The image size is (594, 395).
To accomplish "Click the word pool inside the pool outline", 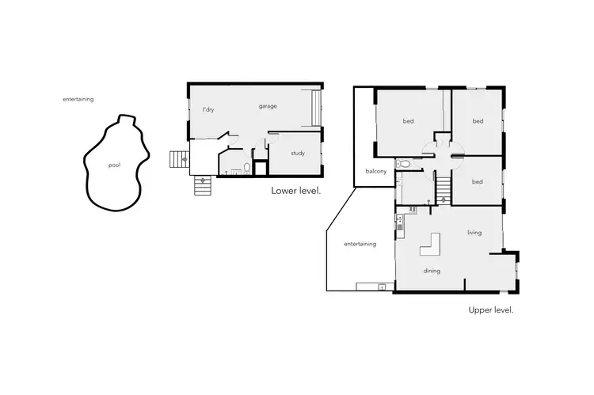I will (115, 165).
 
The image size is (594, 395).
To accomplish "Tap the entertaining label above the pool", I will (78, 99).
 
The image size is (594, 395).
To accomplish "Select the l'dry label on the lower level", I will (208, 109).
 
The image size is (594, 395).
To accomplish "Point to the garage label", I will (268, 105).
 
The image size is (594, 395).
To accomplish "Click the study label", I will (298, 153).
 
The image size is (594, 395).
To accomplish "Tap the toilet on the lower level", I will (247, 168).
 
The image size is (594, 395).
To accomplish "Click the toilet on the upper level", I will (404, 164).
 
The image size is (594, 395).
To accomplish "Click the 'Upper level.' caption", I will (491, 310).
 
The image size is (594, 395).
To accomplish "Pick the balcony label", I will (375, 172).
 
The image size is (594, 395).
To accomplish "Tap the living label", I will (474, 233).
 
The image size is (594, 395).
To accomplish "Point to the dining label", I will (432, 271).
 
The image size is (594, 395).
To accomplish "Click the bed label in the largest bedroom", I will (408, 121).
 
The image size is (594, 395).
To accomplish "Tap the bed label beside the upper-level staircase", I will (477, 182).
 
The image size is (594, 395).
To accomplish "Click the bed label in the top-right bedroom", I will (478, 121).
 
